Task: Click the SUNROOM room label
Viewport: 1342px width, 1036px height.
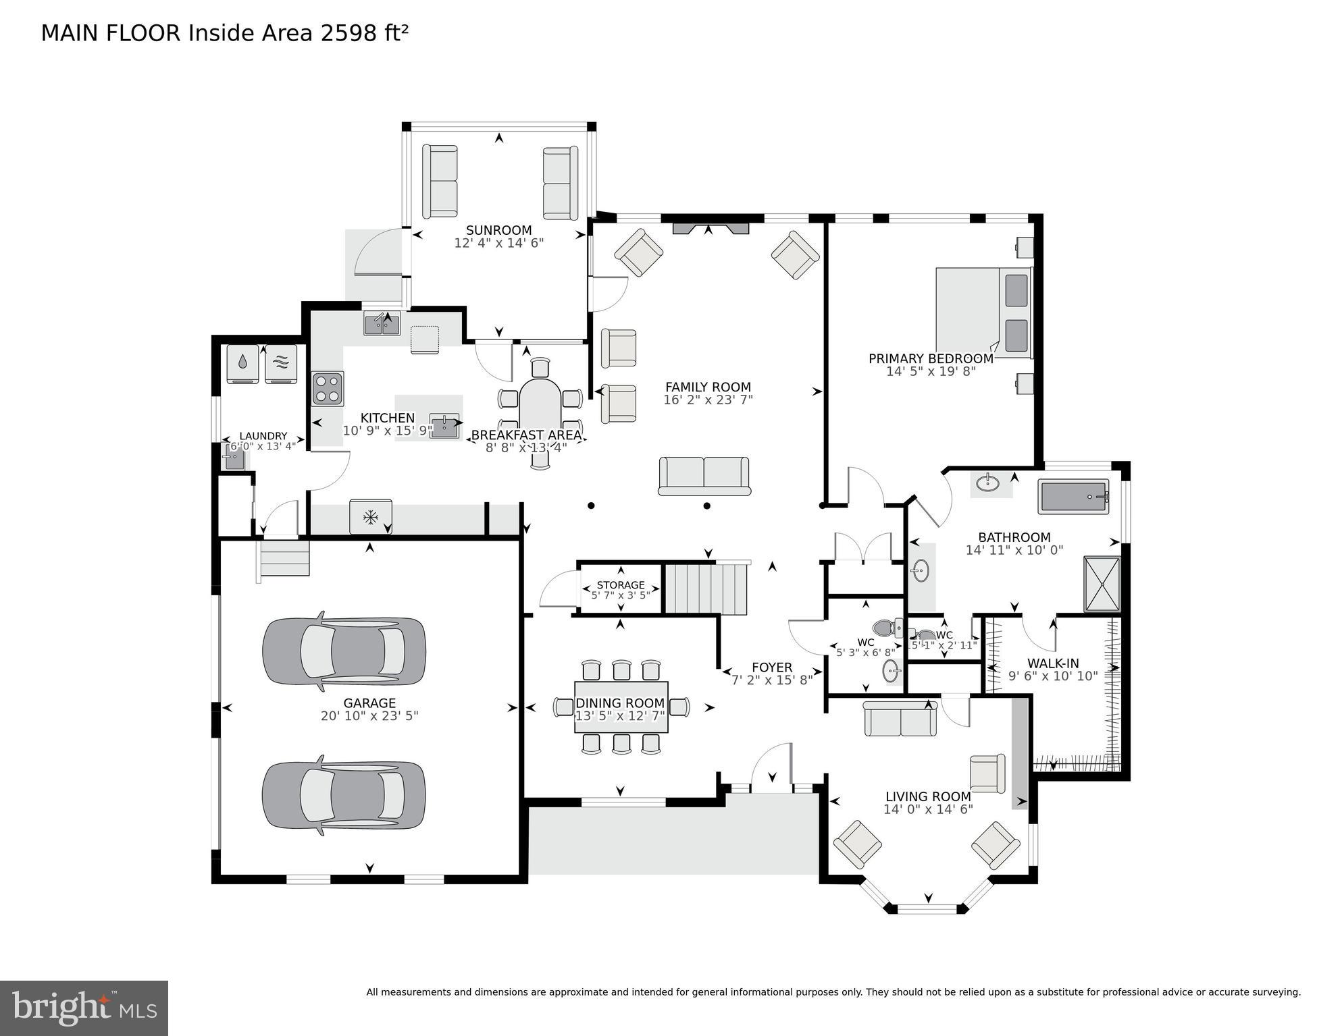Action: coord(498,230)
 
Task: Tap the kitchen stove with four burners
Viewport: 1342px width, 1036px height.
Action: coord(328,389)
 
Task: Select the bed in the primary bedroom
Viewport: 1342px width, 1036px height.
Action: coord(984,312)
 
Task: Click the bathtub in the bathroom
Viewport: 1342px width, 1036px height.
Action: coord(1074,497)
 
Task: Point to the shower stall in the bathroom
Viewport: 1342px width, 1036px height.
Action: coord(1102,584)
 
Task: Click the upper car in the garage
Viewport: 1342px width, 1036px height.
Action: coord(344,649)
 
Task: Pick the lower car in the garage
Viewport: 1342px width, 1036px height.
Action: coord(344,795)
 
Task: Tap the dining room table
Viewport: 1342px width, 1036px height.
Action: coord(621,707)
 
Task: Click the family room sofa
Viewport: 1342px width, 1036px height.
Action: coord(704,476)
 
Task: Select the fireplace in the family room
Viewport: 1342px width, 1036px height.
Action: coord(711,228)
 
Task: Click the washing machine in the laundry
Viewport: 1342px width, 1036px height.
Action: coord(242,364)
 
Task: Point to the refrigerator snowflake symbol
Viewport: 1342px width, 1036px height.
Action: coord(370,518)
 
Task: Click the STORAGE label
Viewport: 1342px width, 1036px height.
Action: coord(621,585)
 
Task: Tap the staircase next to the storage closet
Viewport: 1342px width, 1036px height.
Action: coord(706,589)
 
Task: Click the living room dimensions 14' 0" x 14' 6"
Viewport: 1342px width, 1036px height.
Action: coord(928,809)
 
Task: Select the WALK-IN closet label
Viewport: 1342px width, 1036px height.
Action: coord(1053,663)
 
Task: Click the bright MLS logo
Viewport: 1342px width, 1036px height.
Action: coord(84,1008)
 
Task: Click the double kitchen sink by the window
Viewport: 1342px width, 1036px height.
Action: coord(382,323)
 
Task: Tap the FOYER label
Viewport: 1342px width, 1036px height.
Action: coord(771,667)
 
